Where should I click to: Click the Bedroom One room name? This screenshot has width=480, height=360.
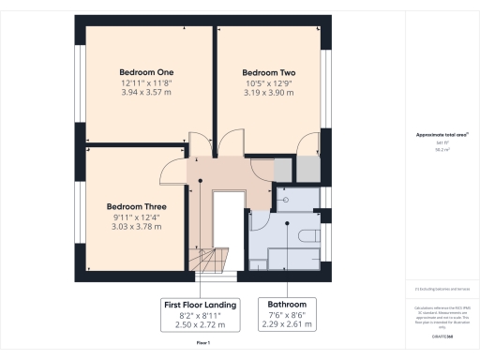coord(139,72)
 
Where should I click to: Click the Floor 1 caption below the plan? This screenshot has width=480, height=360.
coord(202,345)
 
